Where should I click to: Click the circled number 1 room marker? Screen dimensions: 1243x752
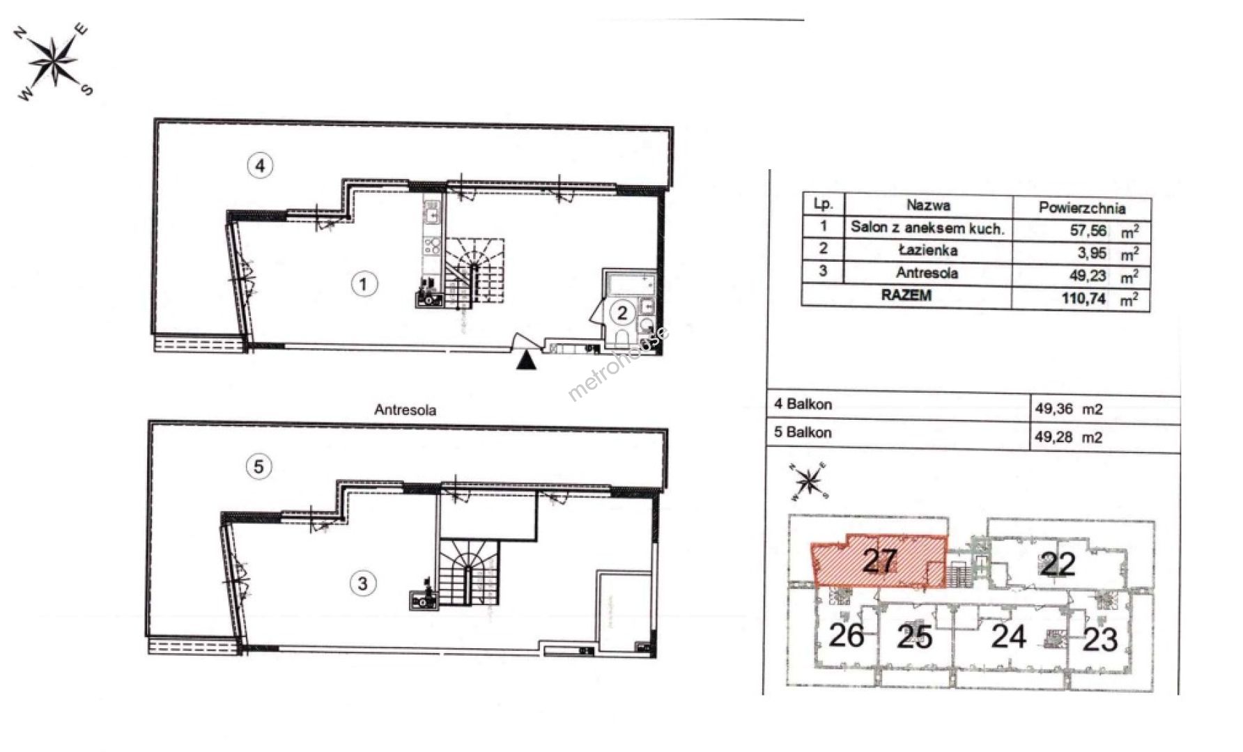point(364,284)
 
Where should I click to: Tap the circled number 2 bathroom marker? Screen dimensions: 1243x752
point(622,313)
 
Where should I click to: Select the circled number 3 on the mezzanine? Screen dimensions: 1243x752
point(363,583)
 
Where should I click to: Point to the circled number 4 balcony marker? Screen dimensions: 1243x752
point(260,166)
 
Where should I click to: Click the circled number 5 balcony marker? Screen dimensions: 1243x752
point(259,467)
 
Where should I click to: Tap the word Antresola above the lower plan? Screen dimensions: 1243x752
point(406,410)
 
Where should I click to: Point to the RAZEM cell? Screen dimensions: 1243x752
point(906,295)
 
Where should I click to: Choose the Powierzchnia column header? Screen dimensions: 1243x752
point(1081,207)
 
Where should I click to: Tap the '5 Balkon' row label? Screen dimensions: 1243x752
point(803,432)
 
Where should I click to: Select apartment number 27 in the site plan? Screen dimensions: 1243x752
point(879,561)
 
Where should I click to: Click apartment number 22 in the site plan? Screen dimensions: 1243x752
point(1058,564)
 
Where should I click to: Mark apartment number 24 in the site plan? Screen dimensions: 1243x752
point(1008,636)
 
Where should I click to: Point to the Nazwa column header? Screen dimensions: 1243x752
point(927,205)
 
